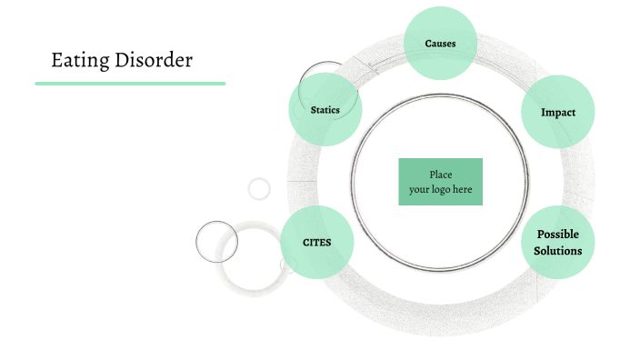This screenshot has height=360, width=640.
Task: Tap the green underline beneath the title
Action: [130, 83]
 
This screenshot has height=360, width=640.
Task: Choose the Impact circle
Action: [557, 112]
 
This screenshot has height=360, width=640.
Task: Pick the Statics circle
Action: [325, 110]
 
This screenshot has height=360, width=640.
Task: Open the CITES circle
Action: [316, 242]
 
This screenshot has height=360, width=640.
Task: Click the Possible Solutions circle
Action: [557, 242]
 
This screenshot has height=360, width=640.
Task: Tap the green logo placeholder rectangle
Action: [440, 182]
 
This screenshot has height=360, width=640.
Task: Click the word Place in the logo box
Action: [440, 175]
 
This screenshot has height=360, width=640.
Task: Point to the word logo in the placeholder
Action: [442, 189]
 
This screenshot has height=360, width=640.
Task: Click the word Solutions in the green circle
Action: [557, 250]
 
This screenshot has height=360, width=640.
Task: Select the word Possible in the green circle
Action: [557, 235]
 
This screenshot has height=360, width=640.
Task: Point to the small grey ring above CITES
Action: [259, 188]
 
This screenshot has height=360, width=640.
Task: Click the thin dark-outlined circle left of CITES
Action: [216, 242]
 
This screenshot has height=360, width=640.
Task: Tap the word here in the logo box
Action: [462, 189]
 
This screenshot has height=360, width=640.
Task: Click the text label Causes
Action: [440, 44]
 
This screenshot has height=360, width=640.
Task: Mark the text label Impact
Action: [557, 113]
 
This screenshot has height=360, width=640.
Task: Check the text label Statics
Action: [325, 110]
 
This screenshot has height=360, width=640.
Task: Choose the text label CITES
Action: [316, 243]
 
